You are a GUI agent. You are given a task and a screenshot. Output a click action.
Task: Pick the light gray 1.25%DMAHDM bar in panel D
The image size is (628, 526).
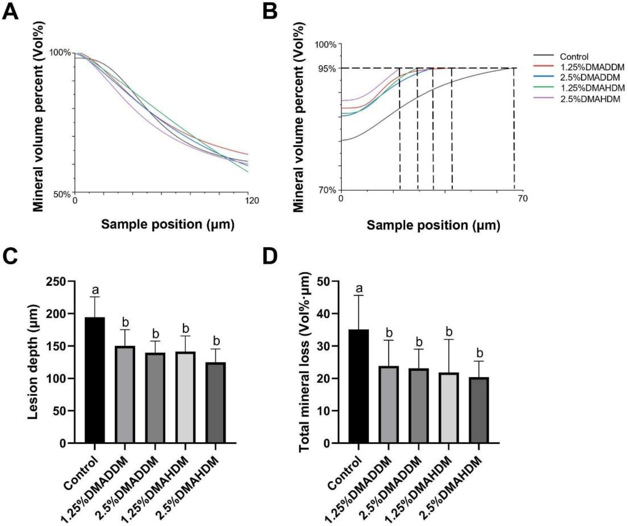click(x=448, y=408)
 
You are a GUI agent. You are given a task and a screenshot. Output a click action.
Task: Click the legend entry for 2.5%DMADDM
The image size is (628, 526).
click(x=589, y=77)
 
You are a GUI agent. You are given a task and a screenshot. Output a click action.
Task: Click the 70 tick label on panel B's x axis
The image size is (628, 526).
click(x=523, y=198)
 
